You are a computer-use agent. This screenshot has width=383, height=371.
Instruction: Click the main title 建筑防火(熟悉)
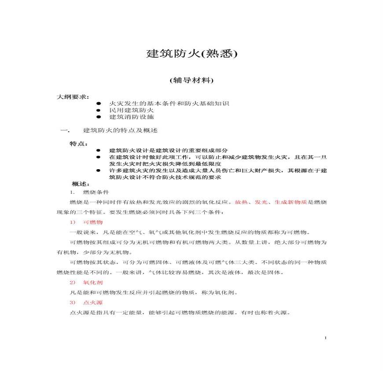(191, 54)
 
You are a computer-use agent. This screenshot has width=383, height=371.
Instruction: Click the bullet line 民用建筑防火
(131, 110)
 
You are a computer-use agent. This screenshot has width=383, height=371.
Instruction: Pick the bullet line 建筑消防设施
(131, 117)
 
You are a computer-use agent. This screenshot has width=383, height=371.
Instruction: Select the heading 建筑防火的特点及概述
(120, 131)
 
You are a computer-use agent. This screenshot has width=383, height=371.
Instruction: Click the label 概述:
(81, 183)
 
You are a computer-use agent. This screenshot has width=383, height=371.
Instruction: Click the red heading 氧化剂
(92, 282)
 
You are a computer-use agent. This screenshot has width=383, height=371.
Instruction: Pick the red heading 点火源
(92, 303)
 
